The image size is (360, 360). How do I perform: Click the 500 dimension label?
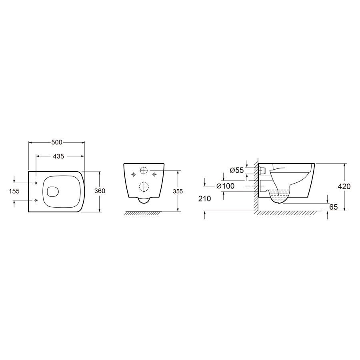pos(57,142)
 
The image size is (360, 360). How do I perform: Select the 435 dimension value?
pos(58,156)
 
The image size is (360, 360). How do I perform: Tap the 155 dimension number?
pos(14,191)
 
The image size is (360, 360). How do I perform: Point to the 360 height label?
pos(100,191)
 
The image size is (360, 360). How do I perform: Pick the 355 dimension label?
pos(178,191)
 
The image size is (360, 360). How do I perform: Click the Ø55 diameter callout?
pos(236,170)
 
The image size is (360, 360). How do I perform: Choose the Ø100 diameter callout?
pos(226,186)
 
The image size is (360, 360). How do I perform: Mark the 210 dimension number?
pos(204,198)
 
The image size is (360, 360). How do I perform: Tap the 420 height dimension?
pos(344,186)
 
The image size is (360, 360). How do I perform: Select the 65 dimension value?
pos(333,207)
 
